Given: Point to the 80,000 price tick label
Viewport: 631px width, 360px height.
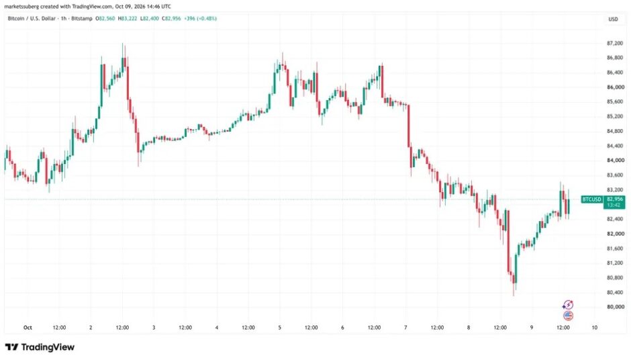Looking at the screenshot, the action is click(616, 307).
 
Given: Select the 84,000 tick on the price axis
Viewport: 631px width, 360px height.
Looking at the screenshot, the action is click(616, 161).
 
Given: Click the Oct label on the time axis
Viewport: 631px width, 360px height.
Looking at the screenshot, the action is click(28, 328).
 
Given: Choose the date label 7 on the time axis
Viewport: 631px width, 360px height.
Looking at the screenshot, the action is click(405, 328).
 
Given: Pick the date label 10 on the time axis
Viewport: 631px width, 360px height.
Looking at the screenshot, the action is click(594, 328).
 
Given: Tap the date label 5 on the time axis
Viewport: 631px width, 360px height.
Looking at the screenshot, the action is click(280, 328).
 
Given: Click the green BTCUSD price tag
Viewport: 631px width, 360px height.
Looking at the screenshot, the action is click(592, 199).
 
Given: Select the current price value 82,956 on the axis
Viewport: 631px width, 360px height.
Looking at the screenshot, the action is click(614, 199).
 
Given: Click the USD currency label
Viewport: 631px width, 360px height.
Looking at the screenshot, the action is click(613, 19).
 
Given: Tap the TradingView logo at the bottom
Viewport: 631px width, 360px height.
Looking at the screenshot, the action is click(40, 347).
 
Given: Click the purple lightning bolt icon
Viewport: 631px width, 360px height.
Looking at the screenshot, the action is click(568, 305).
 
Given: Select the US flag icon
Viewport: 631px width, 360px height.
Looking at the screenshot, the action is click(568, 316).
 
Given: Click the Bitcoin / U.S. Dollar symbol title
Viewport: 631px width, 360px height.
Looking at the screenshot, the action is click(32, 19).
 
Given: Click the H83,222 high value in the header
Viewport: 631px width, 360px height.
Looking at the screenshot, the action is click(127, 19).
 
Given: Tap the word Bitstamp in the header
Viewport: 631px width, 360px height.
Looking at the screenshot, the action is click(82, 19).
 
